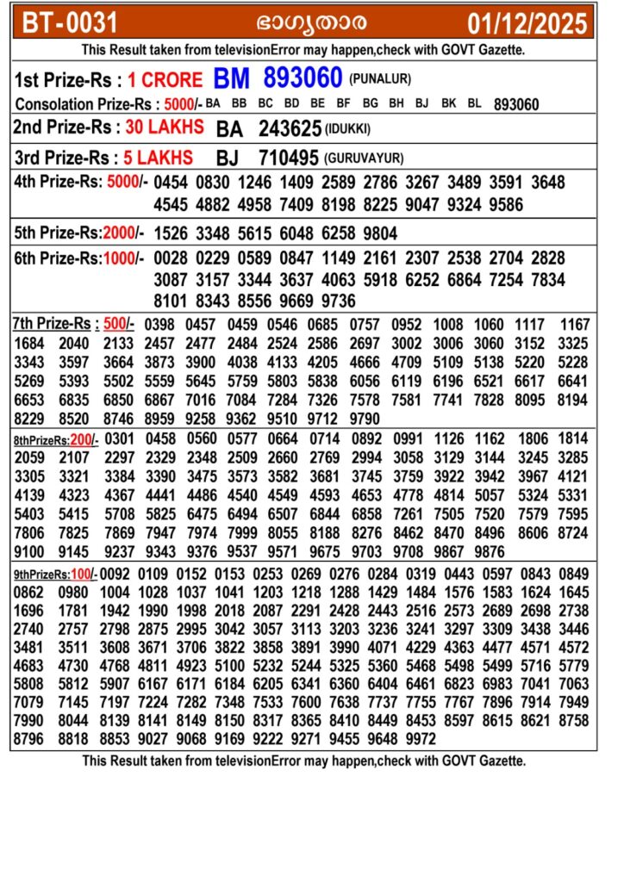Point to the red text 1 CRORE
[165, 80]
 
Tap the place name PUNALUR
[380, 79]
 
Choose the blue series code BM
[232, 79]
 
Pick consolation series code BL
[474, 104]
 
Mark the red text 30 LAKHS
[165, 127]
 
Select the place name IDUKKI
[349, 129]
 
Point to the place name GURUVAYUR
[364, 159]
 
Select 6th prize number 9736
[339, 301]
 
